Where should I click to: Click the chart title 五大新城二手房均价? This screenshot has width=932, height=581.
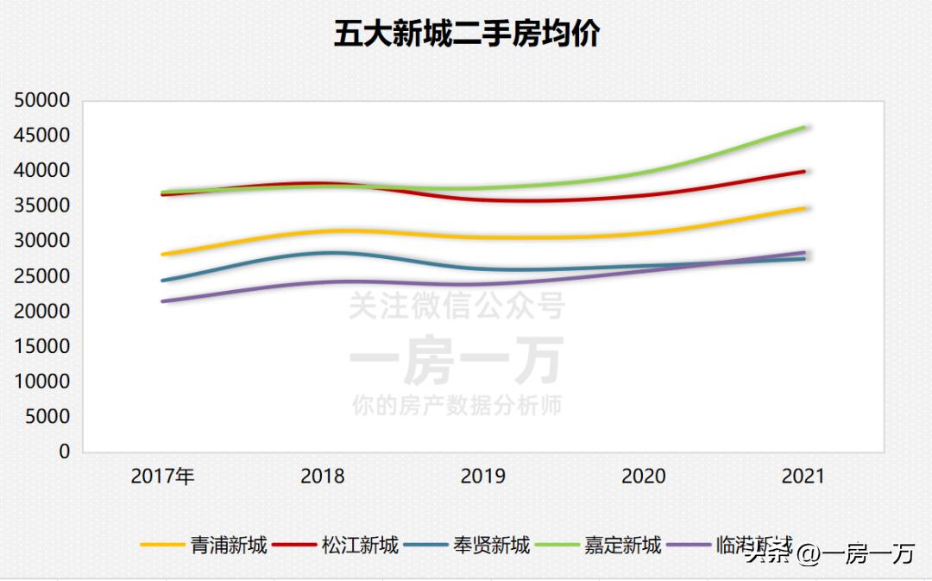tap(466, 35)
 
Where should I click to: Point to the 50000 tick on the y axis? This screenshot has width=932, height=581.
tap(42, 100)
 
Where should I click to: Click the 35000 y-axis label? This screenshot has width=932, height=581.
tap(42, 205)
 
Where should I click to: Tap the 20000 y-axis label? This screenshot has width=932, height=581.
tap(42, 311)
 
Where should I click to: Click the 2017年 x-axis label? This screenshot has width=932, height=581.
tap(162, 476)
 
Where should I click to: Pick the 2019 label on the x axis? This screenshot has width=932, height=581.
tap(483, 476)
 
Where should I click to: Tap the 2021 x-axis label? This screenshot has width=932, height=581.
tap(803, 476)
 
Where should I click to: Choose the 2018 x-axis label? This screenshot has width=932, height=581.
tap(323, 476)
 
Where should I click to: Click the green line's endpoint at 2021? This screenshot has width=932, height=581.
tap(803, 127)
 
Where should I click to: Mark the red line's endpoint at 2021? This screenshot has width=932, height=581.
tap(803, 171)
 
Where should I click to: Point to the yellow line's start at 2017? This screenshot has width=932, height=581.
tap(163, 254)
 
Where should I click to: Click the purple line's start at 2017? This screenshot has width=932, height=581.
tap(163, 300)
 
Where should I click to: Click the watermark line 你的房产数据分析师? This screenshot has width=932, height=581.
tap(457, 405)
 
